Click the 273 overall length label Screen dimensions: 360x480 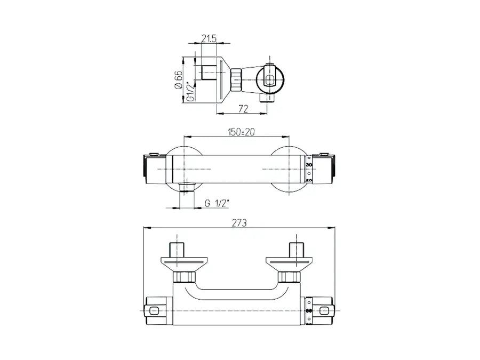(239, 224)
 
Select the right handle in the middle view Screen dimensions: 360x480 (325, 167)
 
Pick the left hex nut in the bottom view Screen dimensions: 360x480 (183, 276)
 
